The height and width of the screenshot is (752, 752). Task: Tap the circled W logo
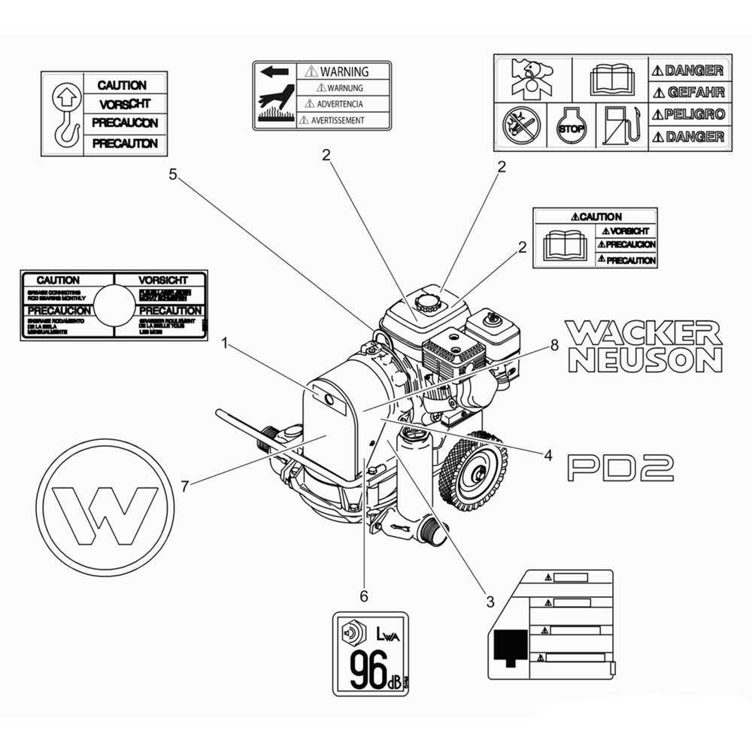coord(105,508)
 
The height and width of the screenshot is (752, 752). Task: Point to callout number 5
coord(173,175)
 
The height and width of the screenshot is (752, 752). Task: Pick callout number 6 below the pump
coord(364,596)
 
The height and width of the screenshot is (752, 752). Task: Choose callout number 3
coord(490,602)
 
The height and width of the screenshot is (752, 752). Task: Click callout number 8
coord(554,346)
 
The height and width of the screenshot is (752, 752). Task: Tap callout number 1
coord(224,343)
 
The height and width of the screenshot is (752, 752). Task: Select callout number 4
coord(548,455)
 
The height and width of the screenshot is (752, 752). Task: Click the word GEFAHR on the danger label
coord(688,92)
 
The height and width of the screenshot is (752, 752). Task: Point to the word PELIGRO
coord(688,115)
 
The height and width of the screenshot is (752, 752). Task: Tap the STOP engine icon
coord(572,127)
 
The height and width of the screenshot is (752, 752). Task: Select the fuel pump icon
coord(621,126)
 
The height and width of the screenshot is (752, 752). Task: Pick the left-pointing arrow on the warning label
coord(274,72)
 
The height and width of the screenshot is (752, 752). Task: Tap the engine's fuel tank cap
coord(429,302)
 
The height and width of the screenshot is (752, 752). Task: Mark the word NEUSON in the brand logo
coord(645,359)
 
